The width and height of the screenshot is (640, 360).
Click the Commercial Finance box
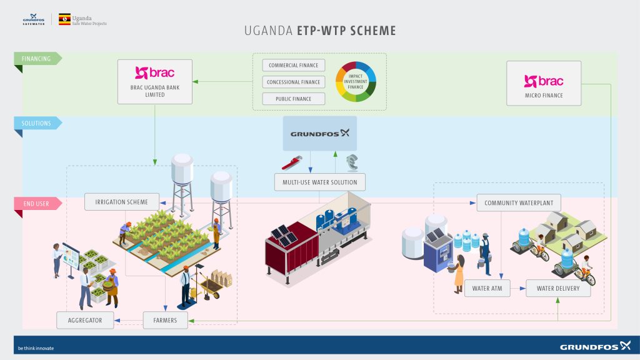[293, 66]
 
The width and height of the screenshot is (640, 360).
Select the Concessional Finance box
[293, 82]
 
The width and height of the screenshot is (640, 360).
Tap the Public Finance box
[293, 99]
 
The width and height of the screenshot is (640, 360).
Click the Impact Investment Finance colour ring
[356, 82]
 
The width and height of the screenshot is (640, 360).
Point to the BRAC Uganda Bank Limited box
[155, 81]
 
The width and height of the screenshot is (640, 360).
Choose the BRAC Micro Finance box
[543, 82]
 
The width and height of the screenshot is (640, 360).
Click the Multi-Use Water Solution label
[319, 182]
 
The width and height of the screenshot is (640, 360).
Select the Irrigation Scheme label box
[121, 202]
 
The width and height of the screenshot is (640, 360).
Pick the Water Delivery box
[558, 288]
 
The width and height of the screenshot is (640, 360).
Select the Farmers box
[165, 321]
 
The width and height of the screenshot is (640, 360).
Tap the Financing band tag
[37, 59]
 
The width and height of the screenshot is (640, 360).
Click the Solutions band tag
[37, 123]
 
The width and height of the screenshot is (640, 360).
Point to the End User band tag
[36, 203]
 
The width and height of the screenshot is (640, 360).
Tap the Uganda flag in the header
[64, 19]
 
